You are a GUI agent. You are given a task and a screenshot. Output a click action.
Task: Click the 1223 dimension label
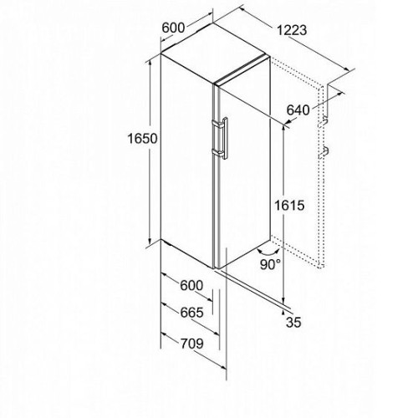pos(292,30)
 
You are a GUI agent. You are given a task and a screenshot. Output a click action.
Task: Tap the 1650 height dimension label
pos(142,138)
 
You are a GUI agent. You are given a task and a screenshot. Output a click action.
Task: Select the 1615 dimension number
pos(289,206)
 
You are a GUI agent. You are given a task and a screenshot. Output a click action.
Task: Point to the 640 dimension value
pos(298,110)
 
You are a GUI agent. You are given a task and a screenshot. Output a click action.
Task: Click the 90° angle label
pos(270,264)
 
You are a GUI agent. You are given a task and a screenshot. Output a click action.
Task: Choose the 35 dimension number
pos(293,322)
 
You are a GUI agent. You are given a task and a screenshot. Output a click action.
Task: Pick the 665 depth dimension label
pos(191,313)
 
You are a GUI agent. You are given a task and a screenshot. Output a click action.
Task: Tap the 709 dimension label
pos(192,344)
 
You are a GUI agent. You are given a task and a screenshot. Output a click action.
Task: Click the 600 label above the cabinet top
pos(173,28)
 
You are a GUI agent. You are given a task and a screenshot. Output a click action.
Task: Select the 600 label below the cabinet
pos(191,285)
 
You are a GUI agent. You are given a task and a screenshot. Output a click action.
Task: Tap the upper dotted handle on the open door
pos(324,122)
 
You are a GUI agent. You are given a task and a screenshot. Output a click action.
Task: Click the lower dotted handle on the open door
pos(324,152)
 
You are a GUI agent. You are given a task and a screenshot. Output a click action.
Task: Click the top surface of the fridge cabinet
pos(215,53)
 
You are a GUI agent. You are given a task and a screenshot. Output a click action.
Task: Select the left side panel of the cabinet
pos(186,161)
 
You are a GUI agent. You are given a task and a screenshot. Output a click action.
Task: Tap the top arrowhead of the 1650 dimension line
pos(150,62)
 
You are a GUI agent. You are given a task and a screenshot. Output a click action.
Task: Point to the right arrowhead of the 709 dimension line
pos(223,368)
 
